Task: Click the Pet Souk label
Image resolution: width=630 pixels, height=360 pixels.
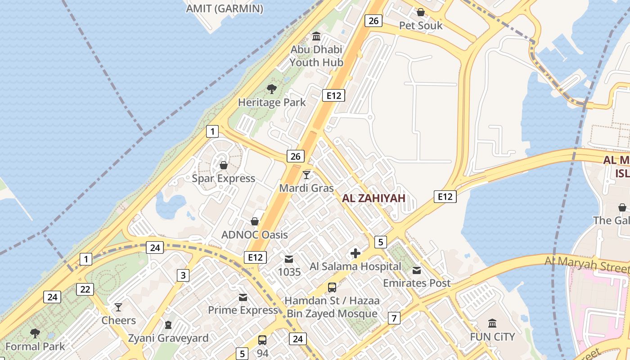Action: (x=421, y=26)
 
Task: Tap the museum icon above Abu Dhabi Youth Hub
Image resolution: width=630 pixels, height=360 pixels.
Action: (x=316, y=36)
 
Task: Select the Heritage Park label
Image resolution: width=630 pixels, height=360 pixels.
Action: (x=272, y=103)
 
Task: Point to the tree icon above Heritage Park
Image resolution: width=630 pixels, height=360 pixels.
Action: (x=271, y=89)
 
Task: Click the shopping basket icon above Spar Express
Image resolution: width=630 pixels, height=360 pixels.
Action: (x=224, y=165)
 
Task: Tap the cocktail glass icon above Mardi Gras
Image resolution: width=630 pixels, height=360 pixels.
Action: (x=306, y=175)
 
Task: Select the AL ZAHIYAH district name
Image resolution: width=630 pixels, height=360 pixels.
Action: (x=373, y=198)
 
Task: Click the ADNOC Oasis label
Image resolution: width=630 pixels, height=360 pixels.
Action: (x=254, y=235)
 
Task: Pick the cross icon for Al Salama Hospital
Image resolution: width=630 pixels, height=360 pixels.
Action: (x=355, y=253)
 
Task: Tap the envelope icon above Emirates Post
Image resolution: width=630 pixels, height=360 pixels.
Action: (x=417, y=270)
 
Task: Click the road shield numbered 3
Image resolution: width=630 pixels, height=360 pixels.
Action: (x=183, y=275)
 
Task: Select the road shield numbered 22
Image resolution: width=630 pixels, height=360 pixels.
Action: (x=85, y=289)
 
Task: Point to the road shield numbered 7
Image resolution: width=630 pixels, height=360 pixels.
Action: (x=394, y=319)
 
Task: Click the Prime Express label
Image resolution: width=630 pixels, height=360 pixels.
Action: (x=243, y=310)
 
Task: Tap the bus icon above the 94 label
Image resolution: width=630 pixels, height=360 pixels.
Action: (x=262, y=340)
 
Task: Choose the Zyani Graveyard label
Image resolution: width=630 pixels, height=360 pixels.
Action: (x=168, y=338)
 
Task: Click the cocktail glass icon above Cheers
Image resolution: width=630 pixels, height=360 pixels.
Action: (x=118, y=307)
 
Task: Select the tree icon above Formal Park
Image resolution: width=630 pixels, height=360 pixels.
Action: (x=35, y=333)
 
